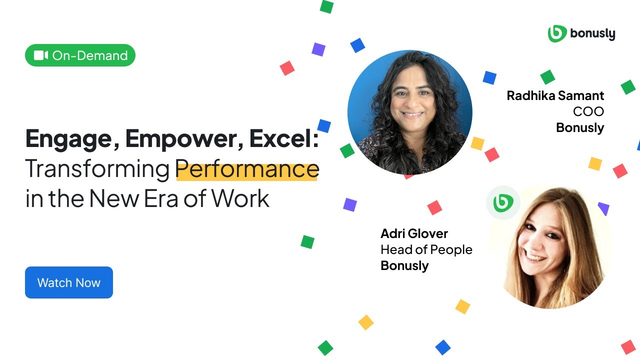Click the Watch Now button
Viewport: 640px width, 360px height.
pos(69,282)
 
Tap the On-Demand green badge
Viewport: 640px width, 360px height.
pos(80,55)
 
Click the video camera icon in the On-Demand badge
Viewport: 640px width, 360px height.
pos(41,55)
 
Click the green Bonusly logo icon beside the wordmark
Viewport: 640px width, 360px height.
pos(557,33)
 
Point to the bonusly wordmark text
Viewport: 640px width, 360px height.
pos(592,34)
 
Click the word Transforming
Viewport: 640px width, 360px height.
pos(97,169)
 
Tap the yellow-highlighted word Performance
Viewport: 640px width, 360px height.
pos(247,169)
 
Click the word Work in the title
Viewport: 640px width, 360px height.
pos(240,198)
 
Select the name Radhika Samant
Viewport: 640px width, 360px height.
pos(555,95)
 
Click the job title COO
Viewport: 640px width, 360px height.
pos(588,111)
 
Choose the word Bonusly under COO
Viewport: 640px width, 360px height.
pos(580,127)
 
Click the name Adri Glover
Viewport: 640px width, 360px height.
pos(414,233)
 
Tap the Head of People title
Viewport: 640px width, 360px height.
pos(426,249)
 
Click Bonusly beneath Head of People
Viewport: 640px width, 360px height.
pos(404,265)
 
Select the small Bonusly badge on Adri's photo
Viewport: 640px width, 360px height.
pos(503,202)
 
